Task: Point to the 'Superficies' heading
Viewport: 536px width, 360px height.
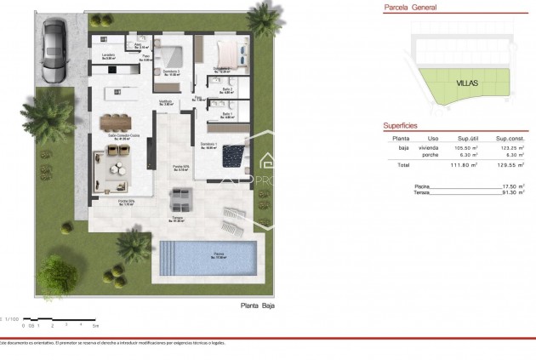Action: [399, 124]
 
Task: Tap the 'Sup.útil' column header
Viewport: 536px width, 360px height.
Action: [470, 137]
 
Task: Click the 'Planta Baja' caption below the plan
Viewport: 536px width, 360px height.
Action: [259, 305]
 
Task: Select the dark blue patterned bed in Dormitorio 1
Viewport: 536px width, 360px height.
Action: [232, 157]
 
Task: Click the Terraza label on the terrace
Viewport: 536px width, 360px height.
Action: [178, 219]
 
